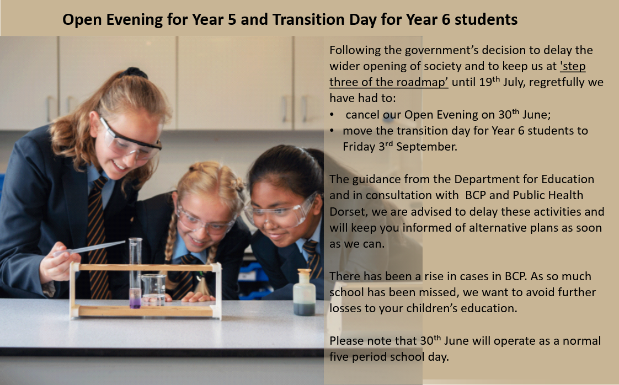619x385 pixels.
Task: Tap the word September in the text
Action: [426, 147]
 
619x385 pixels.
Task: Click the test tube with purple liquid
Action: [135, 273]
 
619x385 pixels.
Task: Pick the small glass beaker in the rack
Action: [153, 290]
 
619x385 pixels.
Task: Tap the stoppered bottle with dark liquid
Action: [305, 292]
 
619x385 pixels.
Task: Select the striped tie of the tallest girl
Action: [97, 237]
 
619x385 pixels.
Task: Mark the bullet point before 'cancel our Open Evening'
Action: [332, 115]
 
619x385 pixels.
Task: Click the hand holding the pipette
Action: [59, 268]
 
